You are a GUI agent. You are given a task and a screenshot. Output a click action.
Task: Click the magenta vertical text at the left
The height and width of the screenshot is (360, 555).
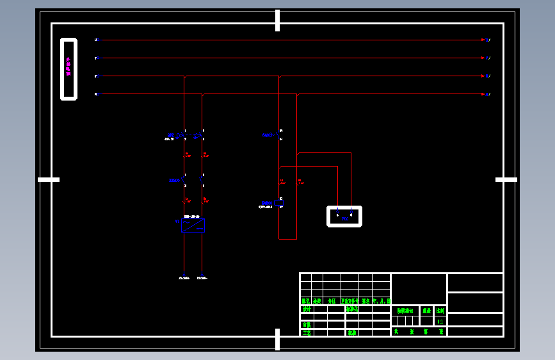click(68, 67)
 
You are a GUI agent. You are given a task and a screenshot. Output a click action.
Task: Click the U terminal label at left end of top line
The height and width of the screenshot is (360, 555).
click(96, 40)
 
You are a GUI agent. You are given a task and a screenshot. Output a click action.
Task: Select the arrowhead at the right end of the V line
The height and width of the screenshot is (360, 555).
click(483, 58)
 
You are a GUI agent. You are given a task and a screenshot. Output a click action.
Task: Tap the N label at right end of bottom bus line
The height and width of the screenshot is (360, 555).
click(488, 94)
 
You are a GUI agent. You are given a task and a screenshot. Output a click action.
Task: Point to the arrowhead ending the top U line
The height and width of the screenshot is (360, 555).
click(483, 40)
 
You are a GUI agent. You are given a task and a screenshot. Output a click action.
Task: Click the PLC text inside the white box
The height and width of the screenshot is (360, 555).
click(344, 219)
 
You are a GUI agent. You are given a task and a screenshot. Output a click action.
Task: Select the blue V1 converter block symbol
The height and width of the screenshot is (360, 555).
click(193, 225)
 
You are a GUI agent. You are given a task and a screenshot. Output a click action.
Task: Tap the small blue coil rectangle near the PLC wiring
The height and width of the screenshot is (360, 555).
click(278, 202)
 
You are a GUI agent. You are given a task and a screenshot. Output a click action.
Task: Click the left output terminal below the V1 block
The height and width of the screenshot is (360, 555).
click(184, 277)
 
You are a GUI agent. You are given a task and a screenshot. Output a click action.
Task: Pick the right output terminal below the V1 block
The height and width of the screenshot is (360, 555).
click(202, 277)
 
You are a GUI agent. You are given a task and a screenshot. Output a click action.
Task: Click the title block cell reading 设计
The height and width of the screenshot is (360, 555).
click(307, 309)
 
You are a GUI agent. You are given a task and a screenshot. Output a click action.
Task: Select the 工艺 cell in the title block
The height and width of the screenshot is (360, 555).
click(307, 332)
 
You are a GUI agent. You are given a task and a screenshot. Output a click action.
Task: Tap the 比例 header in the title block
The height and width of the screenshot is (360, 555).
click(440, 311)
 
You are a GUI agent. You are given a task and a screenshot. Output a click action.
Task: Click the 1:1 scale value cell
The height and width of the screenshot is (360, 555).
click(440, 321)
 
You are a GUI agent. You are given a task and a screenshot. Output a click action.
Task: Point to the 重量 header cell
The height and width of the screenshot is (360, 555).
click(426, 311)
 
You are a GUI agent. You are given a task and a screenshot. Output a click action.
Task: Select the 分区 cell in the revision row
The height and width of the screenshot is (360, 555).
click(331, 300)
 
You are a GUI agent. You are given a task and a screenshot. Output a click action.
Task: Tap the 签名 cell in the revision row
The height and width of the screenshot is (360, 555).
click(366, 300)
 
